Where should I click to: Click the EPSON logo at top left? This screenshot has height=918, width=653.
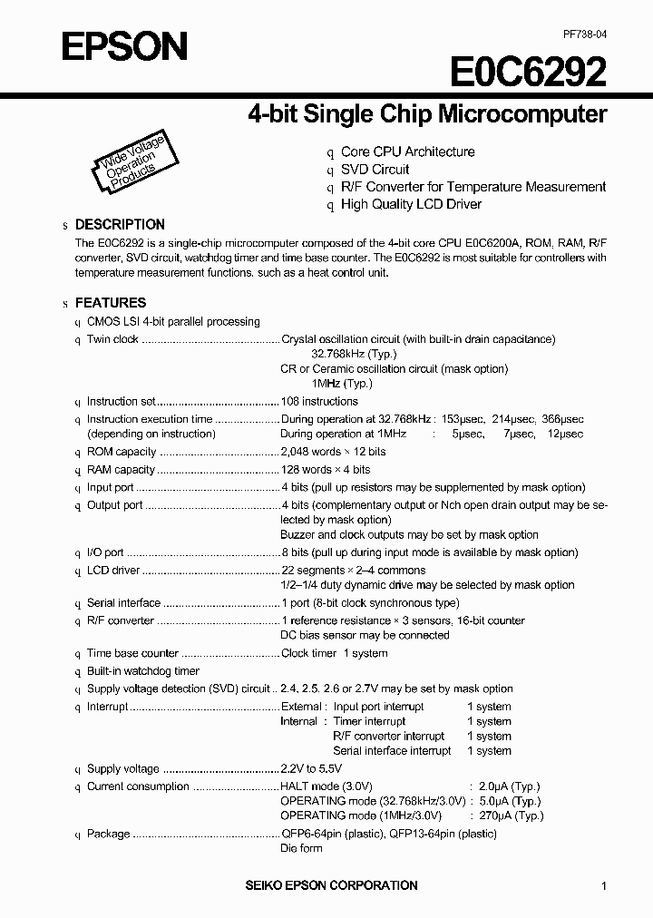coord(124,45)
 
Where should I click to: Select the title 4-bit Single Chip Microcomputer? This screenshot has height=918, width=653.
coord(427,115)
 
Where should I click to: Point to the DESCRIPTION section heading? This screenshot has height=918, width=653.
coord(120,224)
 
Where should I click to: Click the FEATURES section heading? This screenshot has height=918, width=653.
coord(110,303)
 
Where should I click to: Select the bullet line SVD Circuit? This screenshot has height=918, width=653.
coord(375,170)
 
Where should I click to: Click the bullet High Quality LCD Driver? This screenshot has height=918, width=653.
coord(411,204)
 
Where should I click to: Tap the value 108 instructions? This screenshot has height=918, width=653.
coord(319,401)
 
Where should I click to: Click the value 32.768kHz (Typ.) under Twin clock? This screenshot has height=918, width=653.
coord(354,354)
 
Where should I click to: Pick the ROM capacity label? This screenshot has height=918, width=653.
coord(122,452)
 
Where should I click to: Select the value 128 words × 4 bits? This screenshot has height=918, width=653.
coord(326,470)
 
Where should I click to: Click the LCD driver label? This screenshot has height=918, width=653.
coord(113,571)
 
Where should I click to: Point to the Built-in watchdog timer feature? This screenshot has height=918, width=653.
coord(143,671)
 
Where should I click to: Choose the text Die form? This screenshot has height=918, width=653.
coord(301,848)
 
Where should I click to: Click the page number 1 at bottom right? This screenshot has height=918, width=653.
coord(604,886)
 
